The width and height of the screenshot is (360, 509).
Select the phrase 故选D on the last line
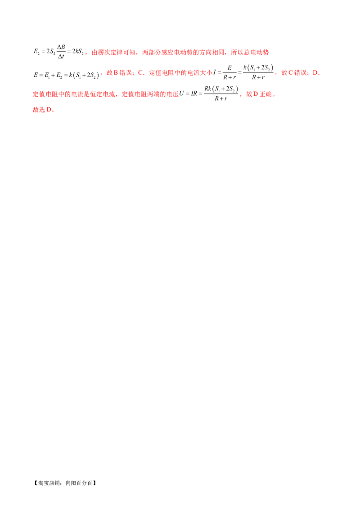(43, 110)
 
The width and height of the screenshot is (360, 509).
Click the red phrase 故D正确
(260, 94)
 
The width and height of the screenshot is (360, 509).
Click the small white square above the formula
(247, 63)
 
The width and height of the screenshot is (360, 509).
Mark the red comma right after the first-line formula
(85, 54)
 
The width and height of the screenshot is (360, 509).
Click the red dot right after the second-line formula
(100, 73)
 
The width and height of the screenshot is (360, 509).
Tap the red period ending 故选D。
(53, 111)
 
